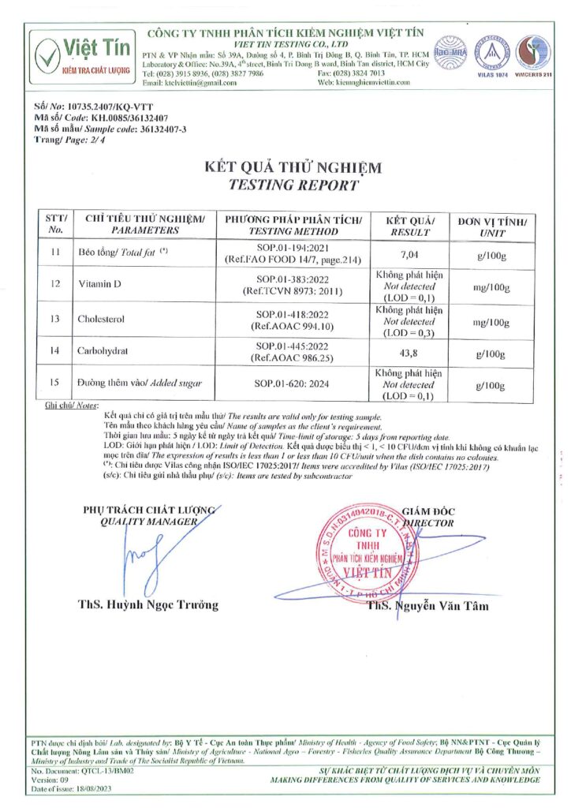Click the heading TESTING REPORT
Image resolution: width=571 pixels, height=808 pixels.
293,185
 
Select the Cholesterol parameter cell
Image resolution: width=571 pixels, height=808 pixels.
103,320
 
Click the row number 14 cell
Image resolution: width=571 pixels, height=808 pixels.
55,352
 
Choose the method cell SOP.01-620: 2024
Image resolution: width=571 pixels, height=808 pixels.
293,383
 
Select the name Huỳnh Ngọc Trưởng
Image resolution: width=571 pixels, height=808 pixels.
149,605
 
